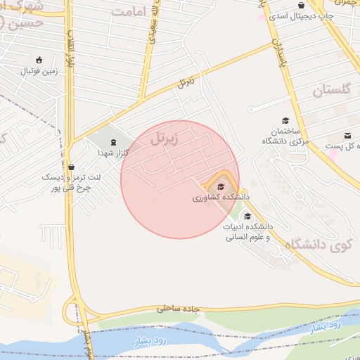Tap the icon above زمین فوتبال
[39, 60]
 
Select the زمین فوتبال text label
[39, 71]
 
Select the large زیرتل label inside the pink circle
[164, 139]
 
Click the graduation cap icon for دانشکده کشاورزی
[221, 187]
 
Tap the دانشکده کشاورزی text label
[220, 198]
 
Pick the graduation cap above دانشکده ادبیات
[247, 217]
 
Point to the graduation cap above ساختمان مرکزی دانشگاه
[285, 120]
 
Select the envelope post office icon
[347, 136]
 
